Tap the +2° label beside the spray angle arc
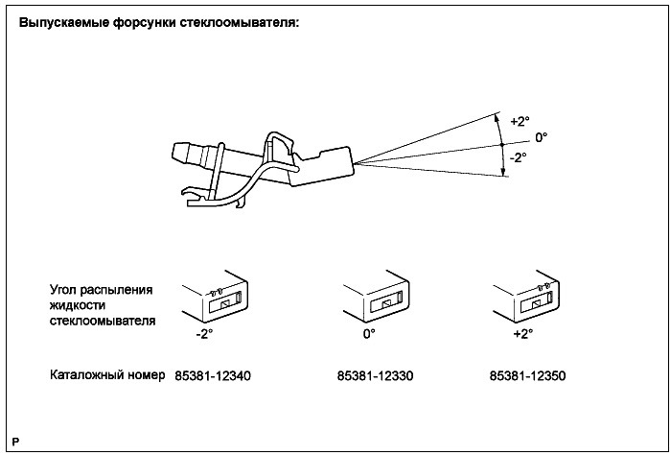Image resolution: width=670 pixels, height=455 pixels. pyautogui.click(x=520, y=122)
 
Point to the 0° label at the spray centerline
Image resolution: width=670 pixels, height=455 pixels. pyautogui.click(x=542, y=138)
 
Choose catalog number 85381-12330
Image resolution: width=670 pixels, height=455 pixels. pyautogui.click(x=368, y=375)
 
